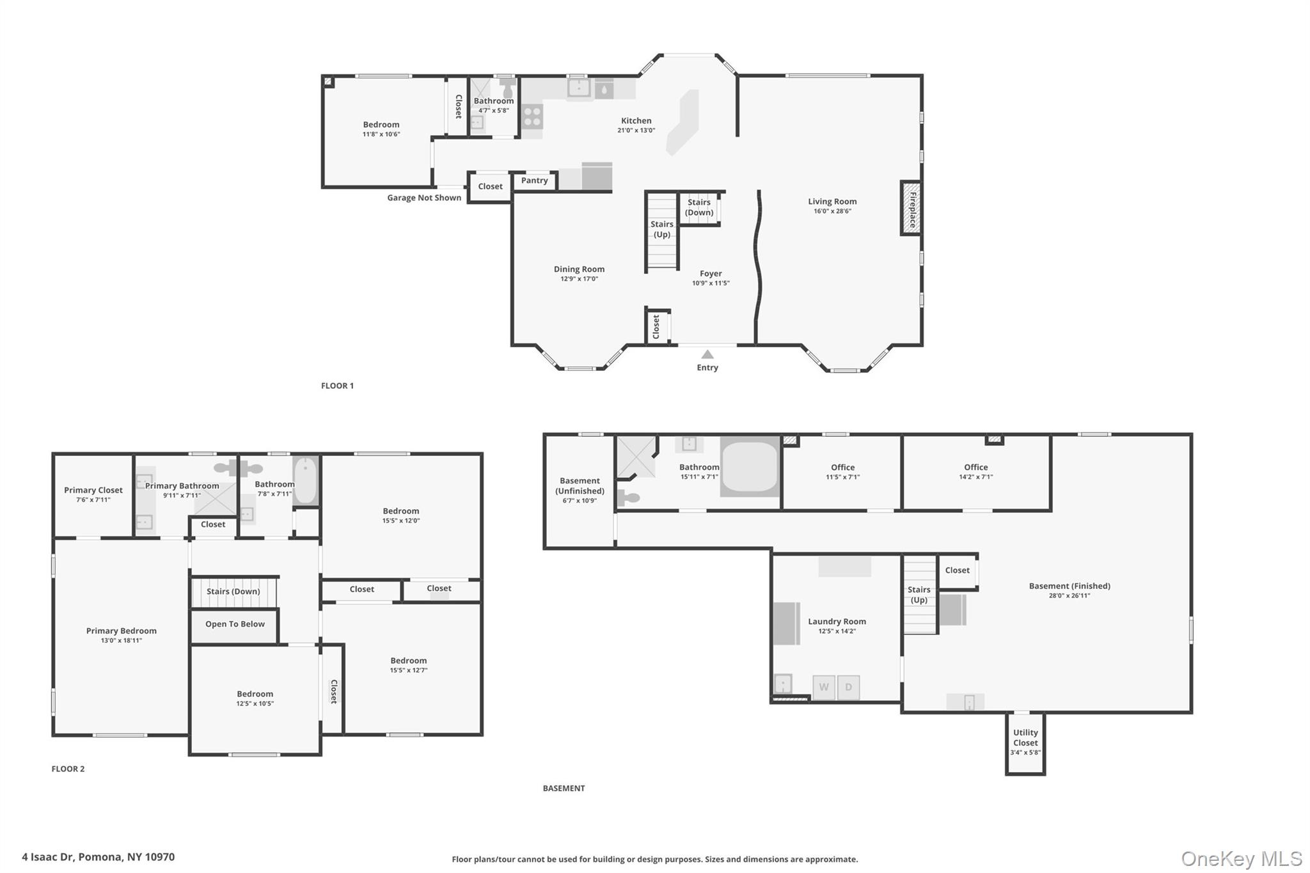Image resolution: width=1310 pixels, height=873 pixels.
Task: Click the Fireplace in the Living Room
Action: [x=911, y=208]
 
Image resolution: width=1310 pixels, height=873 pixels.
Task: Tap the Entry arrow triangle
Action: [x=707, y=354]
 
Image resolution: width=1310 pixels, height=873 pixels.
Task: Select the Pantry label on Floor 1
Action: [x=535, y=180]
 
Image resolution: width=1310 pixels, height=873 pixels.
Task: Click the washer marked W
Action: [x=824, y=688]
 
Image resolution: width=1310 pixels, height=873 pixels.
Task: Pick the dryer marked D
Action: [x=849, y=688]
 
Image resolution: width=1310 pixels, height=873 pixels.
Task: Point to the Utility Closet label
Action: [x=1025, y=737]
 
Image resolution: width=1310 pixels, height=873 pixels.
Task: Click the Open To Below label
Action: [x=235, y=624]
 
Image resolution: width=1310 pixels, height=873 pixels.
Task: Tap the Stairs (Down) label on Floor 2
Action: [x=233, y=592]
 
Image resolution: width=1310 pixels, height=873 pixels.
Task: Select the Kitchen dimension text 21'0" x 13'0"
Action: [x=636, y=130]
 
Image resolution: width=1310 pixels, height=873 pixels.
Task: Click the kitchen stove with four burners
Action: [x=532, y=116]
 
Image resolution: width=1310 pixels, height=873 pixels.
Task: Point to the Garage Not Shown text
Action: [x=424, y=198]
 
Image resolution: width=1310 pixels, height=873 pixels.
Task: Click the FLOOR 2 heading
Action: [x=68, y=769]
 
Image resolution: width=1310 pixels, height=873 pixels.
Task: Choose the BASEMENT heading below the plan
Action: [x=564, y=788]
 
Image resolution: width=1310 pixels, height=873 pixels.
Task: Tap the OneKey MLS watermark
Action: [x=1242, y=858]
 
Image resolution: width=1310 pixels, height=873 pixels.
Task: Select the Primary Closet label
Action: [x=93, y=491]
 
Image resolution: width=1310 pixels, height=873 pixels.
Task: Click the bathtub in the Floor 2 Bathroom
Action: [x=306, y=481]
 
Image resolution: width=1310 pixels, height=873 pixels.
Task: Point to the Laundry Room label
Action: [x=837, y=621]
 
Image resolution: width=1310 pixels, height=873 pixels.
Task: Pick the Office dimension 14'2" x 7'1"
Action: [x=976, y=477]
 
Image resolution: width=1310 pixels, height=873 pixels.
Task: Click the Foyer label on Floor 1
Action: [x=711, y=274]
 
